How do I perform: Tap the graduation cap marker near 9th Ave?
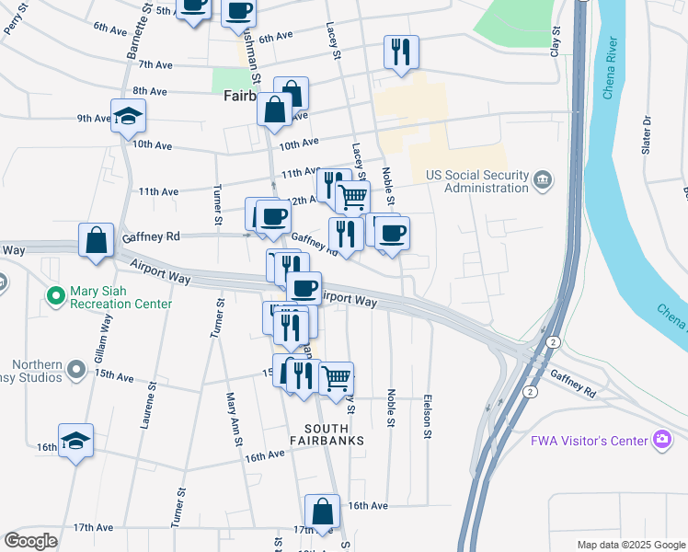[x=128, y=115]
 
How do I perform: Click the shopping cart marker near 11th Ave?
[x=353, y=195]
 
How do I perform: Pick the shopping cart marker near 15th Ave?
[x=337, y=377]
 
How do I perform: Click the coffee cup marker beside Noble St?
[x=393, y=232]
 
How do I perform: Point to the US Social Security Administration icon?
[x=543, y=177]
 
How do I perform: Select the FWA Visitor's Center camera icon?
[x=661, y=440]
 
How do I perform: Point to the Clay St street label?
[x=555, y=43]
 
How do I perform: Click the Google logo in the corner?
[x=29, y=541]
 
